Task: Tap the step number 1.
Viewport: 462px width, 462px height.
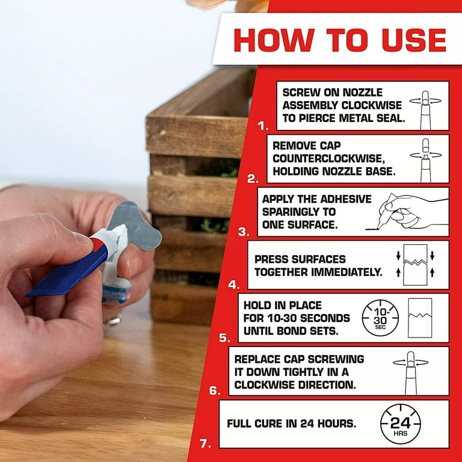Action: pyautogui.click(x=263, y=126)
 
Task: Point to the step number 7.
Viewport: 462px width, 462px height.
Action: pyautogui.click(x=205, y=444)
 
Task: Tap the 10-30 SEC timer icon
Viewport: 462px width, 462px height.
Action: pyautogui.click(x=380, y=318)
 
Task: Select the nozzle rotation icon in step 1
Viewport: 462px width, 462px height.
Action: pyautogui.click(x=425, y=105)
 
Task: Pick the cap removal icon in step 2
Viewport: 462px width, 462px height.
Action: pyautogui.click(x=425, y=158)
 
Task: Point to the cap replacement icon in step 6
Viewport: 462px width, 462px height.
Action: pyautogui.click(x=410, y=371)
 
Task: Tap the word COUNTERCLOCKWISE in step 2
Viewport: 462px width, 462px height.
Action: pyautogui.click(x=322, y=158)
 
